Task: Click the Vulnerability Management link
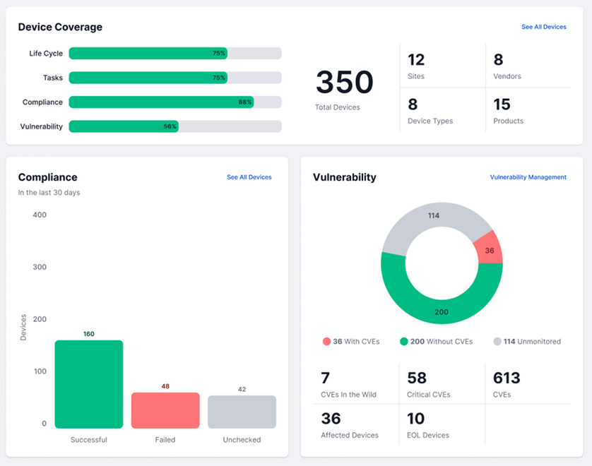[528, 177]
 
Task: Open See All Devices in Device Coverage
[543, 27]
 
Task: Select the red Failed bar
[165, 410]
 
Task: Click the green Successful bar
[89, 384]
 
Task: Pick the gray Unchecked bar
[242, 412]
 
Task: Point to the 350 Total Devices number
[344, 83]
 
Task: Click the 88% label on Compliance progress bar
[244, 102]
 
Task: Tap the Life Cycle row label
[46, 54]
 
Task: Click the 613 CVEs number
[507, 378]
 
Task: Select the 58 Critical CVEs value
[417, 378]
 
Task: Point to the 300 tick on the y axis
[39, 267]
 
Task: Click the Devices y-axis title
[23, 328]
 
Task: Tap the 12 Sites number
[416, 59]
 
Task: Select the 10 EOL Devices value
[416, 418]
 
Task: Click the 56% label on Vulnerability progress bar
[170, 126]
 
